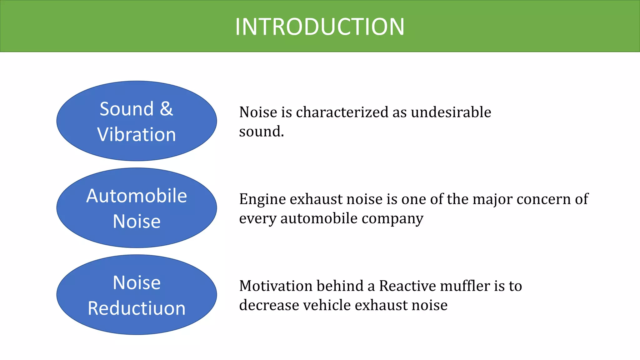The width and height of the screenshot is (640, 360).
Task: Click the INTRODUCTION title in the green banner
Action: (x=320, y=27)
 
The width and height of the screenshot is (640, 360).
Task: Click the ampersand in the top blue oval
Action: (x=166, y=109)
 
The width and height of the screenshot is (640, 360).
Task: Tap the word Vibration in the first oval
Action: (x=137, y=135)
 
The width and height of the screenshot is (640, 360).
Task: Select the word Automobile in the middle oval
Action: (x=137, y=196)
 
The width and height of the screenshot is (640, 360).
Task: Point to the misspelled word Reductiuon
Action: (x=137, y=308)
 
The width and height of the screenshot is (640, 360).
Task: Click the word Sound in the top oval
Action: (x=127, y=109)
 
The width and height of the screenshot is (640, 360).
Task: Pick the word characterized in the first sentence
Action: (x=342, y=112)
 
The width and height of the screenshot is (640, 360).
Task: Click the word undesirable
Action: (x=451, y=112)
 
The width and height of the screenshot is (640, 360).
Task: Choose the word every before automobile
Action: (x=258, y=218)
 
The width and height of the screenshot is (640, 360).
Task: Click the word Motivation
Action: (x=276, y=286)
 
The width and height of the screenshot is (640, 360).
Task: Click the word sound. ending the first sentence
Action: (x=261, y=132)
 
